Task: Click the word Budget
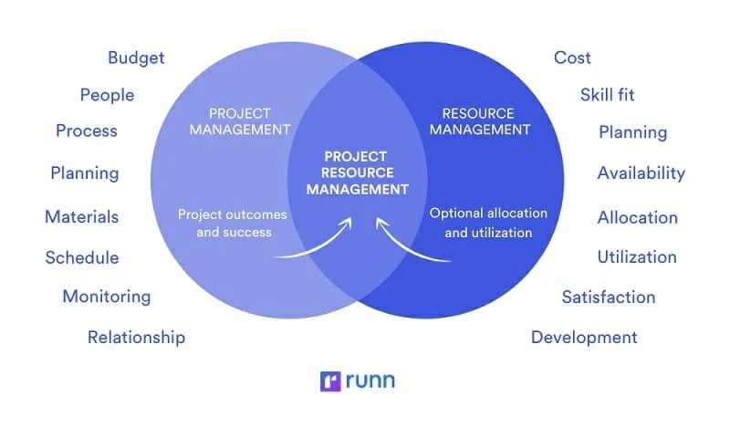(136, 58)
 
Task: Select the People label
(107, 95)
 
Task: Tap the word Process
(87, 130)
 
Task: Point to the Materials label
(81, 217)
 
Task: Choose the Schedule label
(82, 257)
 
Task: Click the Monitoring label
(106, 297)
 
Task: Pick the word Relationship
(136, 338)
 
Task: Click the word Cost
(572, 58)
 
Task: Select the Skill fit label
(607, 95)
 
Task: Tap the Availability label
(641, 173)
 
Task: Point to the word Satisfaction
(608, 297)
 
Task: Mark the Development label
(584, 338)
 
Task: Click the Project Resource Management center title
(357, 173)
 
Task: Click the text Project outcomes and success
(232, 224)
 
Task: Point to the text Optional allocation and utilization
(488, 223)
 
